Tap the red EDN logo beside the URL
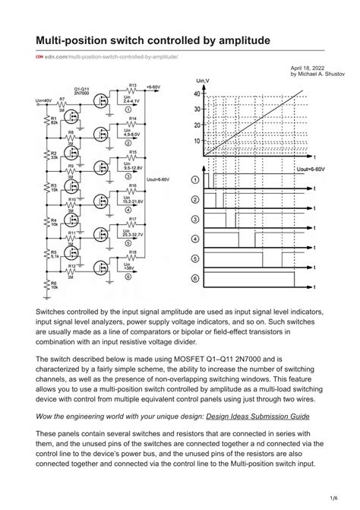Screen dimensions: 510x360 pyautogui.click(x=39, y=58)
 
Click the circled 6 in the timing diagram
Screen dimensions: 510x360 pyautogui.click(x=195, y=279)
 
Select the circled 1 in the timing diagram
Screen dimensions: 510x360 pyautogui.click(x=195, y=179)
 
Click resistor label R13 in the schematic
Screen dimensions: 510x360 pyautogui.click(x=132, y=85)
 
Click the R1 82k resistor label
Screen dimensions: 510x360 pyautogui.click(x=54, y=122)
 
